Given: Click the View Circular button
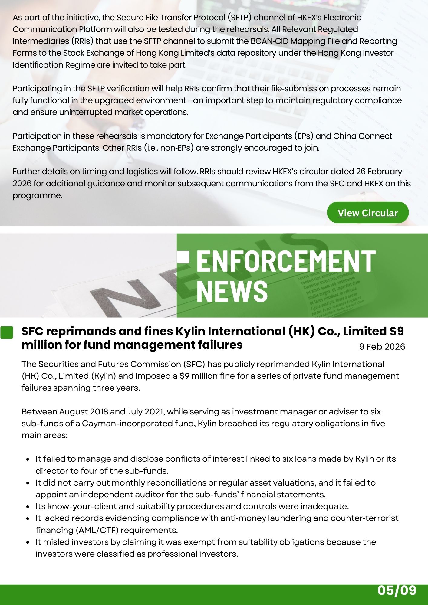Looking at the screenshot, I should pyautogui.click(x=367, y=213).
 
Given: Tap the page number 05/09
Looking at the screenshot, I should pyautogui.click(x=397, y=590).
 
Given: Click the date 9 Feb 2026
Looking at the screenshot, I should pyautogui.click(x=382, y=346).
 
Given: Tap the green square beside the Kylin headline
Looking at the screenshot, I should pyautogui.click(x=7, y=332).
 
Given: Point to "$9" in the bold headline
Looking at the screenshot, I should pyautogui.click(x=397, y=332).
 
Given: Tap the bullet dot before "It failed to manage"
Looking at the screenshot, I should pyautogui.click(x=28, y=459).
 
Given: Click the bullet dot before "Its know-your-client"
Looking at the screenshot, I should pyautogui.click(x=28, y=507).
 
